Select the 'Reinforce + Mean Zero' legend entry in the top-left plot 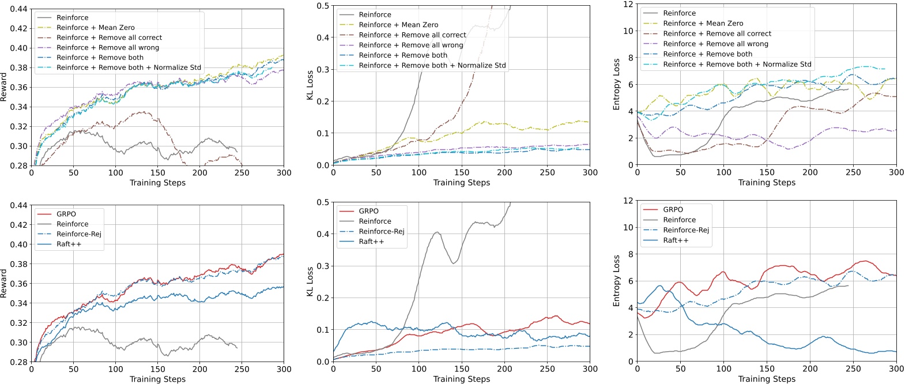[95, 28]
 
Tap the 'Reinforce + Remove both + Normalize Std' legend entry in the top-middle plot [432, 65]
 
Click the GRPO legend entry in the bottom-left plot [66, 214]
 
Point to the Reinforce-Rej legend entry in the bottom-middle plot [381, 231]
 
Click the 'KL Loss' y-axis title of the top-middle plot [310, 85]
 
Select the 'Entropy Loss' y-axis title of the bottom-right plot [616, 281]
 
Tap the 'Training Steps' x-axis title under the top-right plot [766, 182]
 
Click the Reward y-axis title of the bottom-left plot [4, 283]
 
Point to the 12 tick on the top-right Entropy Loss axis [629, 5]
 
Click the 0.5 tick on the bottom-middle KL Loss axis [323, 202]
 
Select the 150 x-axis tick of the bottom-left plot [157, 369]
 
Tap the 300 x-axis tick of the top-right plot [896, 172]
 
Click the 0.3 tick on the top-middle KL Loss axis [323, 70]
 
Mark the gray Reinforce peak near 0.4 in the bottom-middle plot [437, 232]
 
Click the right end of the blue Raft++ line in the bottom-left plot [283, 287]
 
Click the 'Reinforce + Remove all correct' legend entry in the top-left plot [109, 37]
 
